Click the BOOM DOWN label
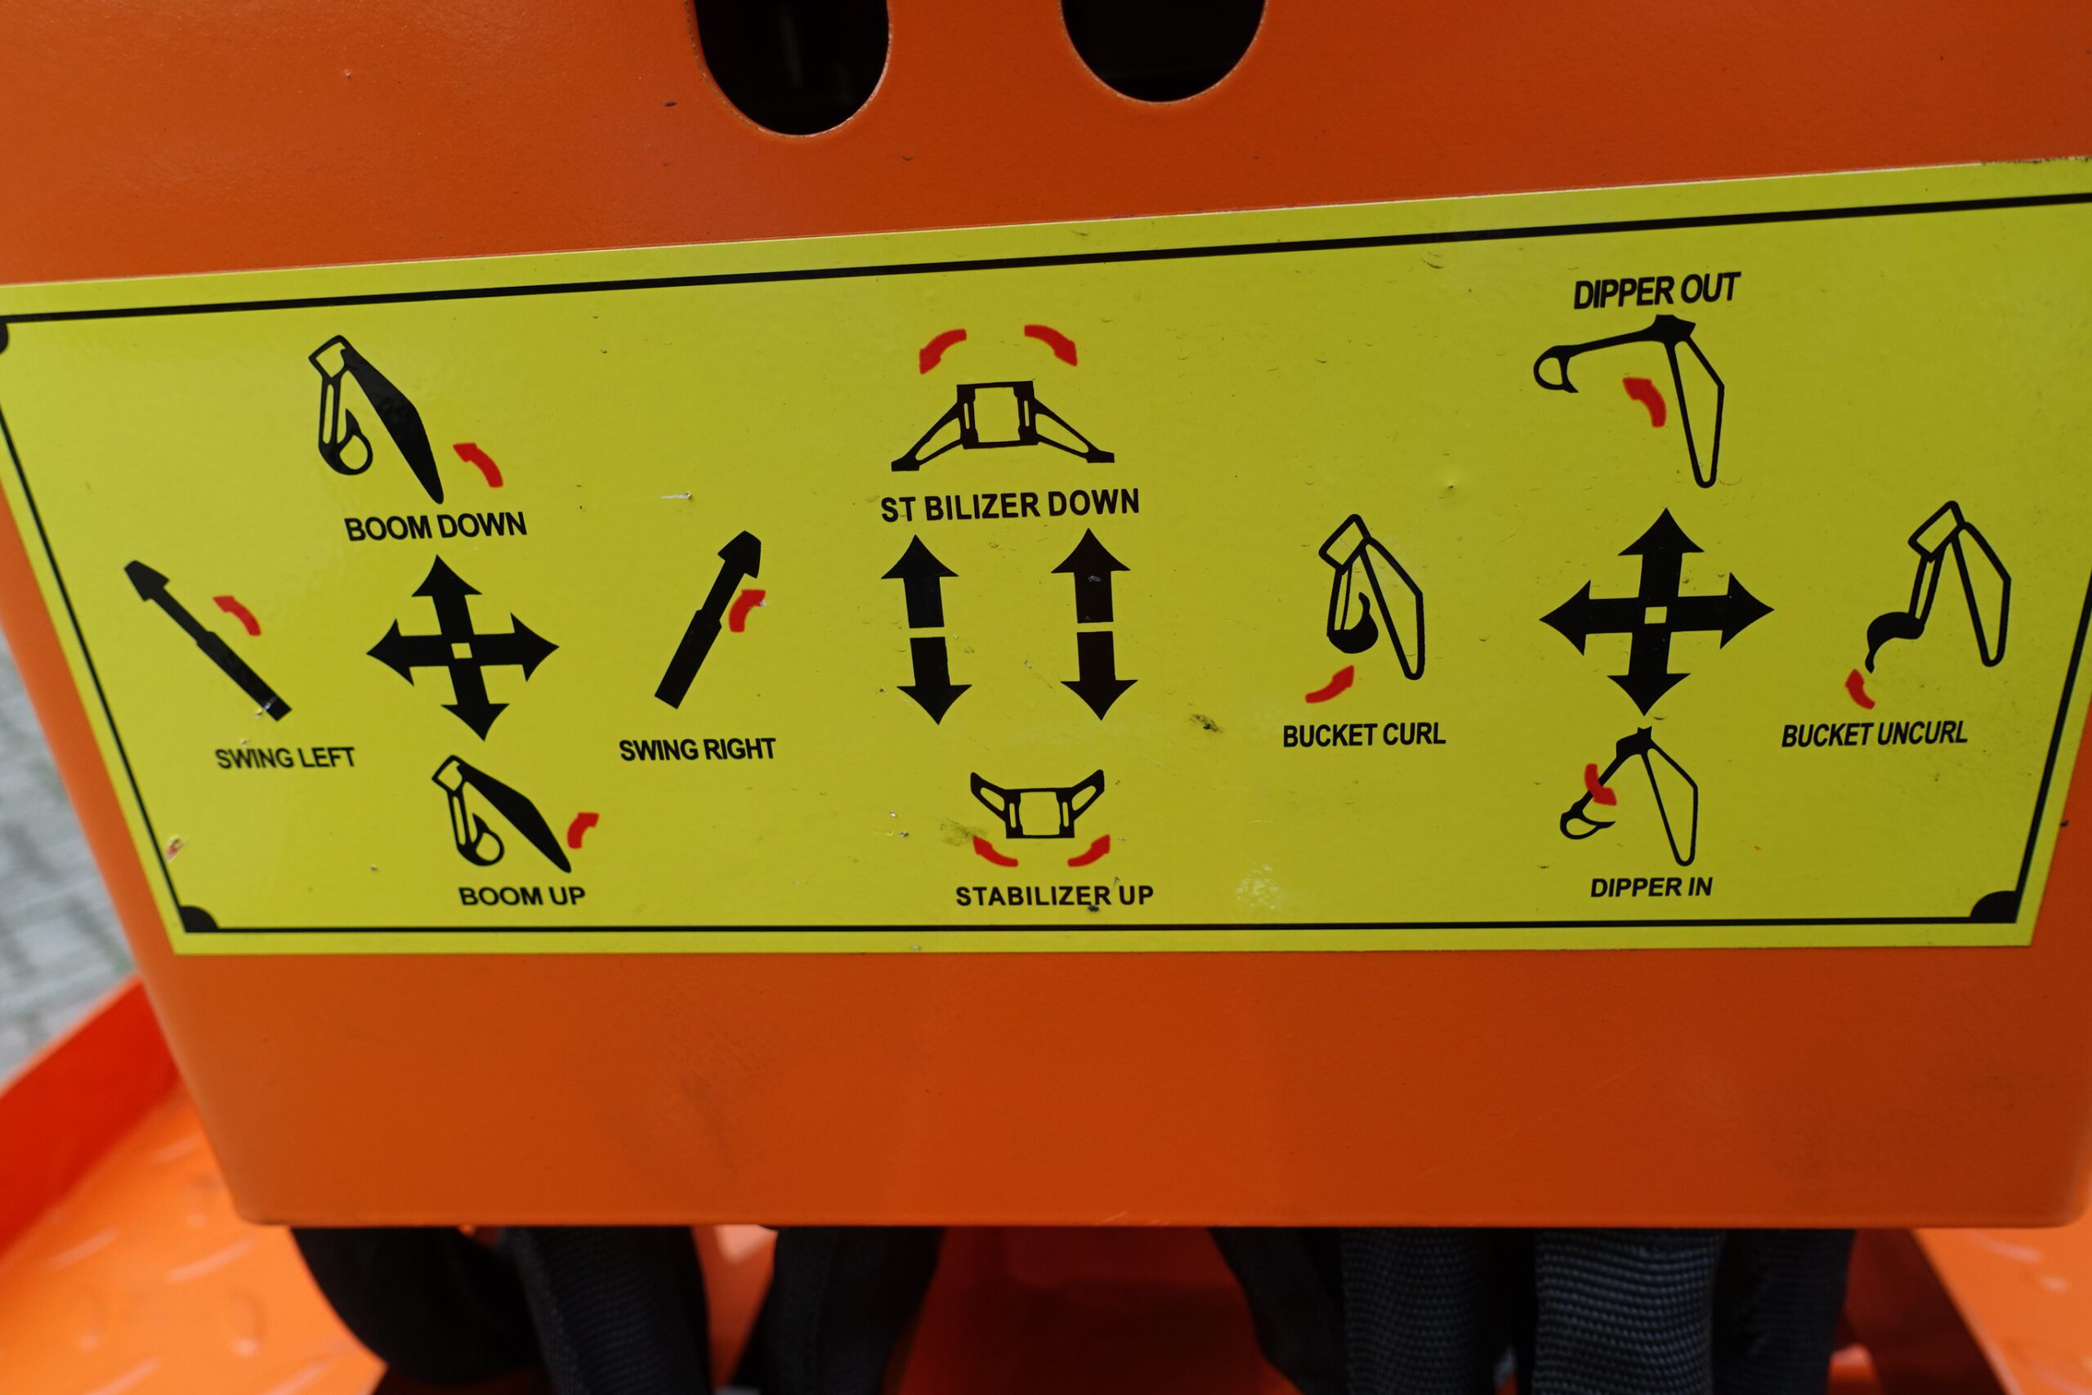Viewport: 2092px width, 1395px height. click(x=435, y=526)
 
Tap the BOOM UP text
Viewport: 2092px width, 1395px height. click(x=522, y=895)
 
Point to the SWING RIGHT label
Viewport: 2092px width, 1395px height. click(x=697, y=750)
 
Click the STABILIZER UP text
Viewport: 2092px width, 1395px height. click(x=1054, y=895)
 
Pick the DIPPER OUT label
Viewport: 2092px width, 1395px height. click(x=1656, y=291)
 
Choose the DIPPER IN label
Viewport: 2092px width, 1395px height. click(x=1651, y=887)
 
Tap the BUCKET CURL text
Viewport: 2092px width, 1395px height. click(x=1364, y=735)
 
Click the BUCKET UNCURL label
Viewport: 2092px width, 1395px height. click(x=1874, y=734)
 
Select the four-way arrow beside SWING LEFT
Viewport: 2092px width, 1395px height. click(x=462, y=648)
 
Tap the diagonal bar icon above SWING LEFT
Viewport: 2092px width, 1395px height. click(x=207, y=641)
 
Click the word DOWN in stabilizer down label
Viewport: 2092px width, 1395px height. click(x=1093, y=503)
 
